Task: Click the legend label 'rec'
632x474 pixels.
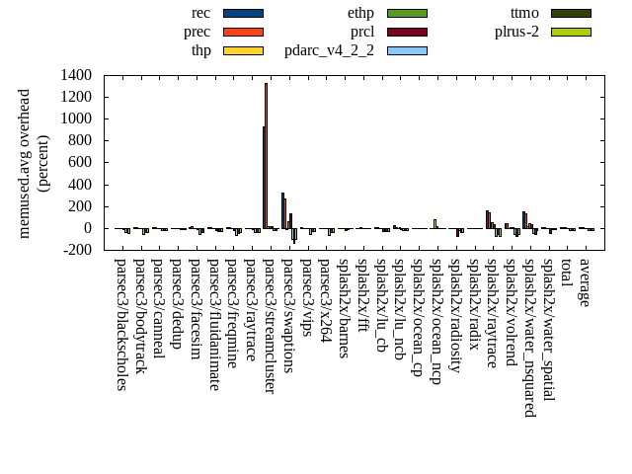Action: tap(200, 13)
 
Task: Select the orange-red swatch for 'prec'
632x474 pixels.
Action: tap(243, 32)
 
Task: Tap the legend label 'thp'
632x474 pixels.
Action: tap(200, 49)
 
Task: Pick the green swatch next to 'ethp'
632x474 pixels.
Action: tap(407, 13)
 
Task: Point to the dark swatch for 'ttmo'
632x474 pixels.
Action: tap(571, 13)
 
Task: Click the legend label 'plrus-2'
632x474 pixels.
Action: tap(516, 32)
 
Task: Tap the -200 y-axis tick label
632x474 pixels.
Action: tap(75, 250)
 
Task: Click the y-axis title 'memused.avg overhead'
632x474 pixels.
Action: tap(25, 163)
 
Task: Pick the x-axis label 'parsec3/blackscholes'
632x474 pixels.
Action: tap(120, 324)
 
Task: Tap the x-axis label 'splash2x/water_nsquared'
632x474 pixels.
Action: tap(529, 337)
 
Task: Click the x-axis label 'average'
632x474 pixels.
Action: tap(585, 282)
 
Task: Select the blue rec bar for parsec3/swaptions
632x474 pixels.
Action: tap(282, 210)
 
